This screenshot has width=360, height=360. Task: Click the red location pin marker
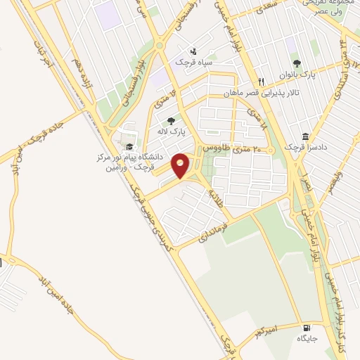[180, 164]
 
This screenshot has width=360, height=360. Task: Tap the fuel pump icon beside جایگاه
[306, 328]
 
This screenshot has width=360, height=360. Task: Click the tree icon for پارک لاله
[170, 121]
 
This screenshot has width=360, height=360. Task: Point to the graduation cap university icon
[129, 146]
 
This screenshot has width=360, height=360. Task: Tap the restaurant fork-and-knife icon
[261, 82]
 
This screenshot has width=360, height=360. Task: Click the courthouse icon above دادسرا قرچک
[306, 136]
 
